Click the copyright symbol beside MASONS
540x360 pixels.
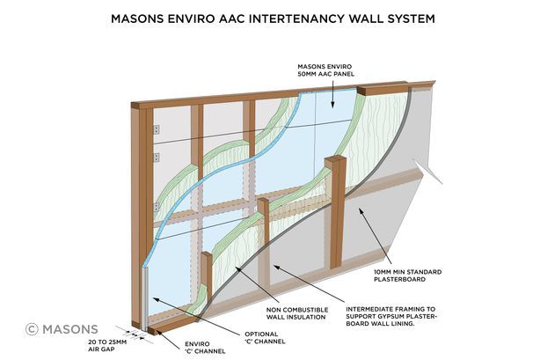click(33, 329)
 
